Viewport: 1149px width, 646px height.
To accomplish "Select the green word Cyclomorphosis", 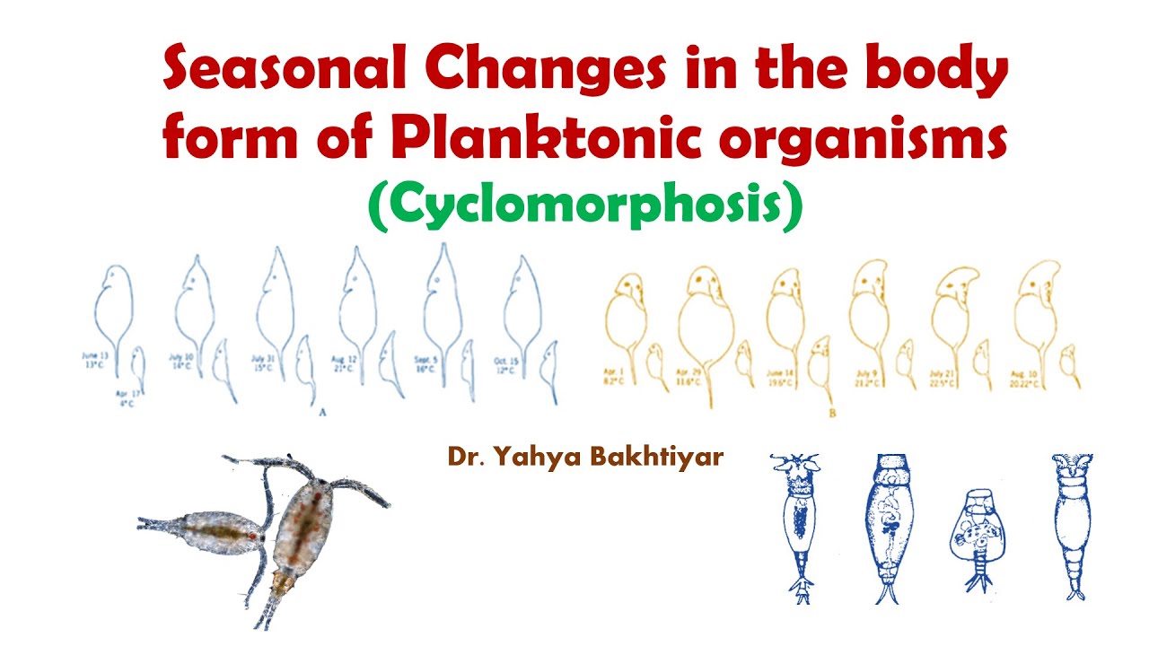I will coord(584,206).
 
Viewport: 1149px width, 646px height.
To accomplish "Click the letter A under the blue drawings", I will coord(321,411).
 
